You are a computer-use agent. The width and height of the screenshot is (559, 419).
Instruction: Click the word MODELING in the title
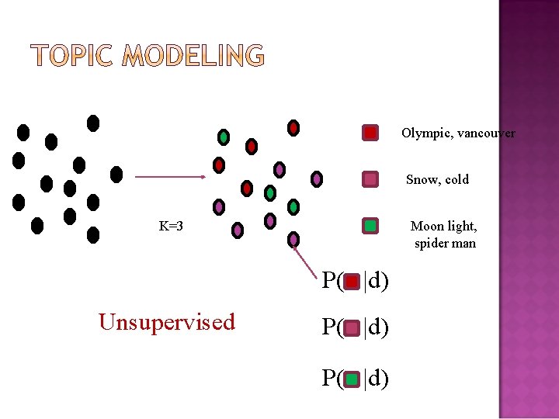click(x=193, y=56)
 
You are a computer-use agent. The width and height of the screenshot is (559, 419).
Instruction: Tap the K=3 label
click(x=171, y=227)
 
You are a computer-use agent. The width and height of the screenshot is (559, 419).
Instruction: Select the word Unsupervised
click(x=166, y=322)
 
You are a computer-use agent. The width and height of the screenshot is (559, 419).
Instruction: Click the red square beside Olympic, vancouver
click(x=371, y=133)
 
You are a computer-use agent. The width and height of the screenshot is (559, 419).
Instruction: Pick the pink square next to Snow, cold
click(x=371, y=179)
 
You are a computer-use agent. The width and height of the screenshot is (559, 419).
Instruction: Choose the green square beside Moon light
click(x=371, y=226)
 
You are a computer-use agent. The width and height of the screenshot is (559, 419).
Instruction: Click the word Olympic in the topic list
click(x=425, y=133)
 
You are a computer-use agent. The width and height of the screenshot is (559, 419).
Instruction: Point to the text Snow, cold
click(x=437, y=180)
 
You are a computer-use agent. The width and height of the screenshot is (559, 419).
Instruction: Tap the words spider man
click(x=445, y=244)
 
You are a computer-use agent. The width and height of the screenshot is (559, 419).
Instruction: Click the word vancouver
click(x=486, y=133)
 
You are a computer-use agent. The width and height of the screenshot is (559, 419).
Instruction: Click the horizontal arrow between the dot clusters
click(x=170, y=177)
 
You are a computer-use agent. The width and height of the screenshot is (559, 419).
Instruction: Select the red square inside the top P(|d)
click(x=352, y=281)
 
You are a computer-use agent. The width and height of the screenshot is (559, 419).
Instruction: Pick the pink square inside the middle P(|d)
click(x=352, y=328)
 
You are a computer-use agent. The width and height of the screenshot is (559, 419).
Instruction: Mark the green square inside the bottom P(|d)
click(x=352, y=379)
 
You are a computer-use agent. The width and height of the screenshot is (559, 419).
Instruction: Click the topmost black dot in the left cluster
click(x=93, y=123)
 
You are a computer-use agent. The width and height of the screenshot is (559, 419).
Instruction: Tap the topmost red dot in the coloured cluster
click(x=293, y=127)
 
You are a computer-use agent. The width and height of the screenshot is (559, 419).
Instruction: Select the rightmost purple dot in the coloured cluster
click(x=317, y=179)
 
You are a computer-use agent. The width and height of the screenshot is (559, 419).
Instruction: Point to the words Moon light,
click(x=443, y=227)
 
